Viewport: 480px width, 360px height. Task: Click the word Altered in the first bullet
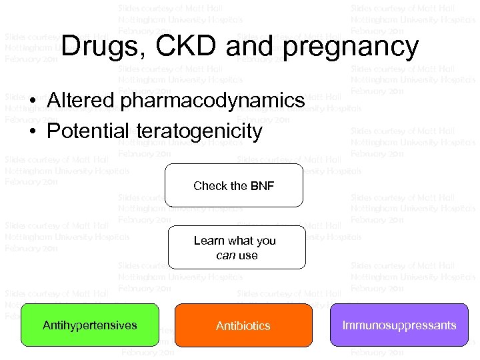click(x=82, y=101)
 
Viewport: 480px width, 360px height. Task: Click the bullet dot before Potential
click(x=33, y=131)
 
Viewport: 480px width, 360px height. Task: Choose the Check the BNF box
click(x=234, y=186)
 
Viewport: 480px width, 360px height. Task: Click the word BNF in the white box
click(x=261, y=186)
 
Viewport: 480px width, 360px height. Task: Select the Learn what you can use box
click(x=237, y=247)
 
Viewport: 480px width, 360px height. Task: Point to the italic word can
click(x=223, y=255)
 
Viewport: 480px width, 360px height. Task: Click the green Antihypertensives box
click(x=90, y=325)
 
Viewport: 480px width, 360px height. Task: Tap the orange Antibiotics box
click(x=243, y=326)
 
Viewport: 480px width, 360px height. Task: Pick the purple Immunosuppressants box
click(x=399, y=325)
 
